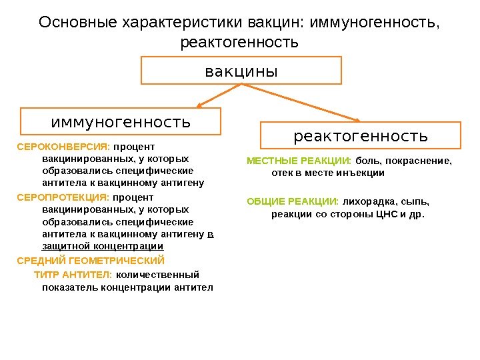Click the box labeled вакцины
click(x=241, y=70)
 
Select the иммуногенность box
click(x=121, y=123)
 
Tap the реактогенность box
click(x=361, y=135)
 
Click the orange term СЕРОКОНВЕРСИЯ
click(x=63, y=146)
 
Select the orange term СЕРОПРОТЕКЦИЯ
click(x=63, y=197)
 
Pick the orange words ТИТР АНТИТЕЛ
click(x=73, y=275)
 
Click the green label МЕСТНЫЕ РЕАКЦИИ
click(x=298, y=161)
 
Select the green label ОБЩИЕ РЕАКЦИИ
click(x=293, y=201)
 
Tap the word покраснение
click(x=421, y=161)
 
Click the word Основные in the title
click(x=78, y=23)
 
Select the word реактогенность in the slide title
click(x=239, y=43)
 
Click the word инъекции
click(x=361, y=173)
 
